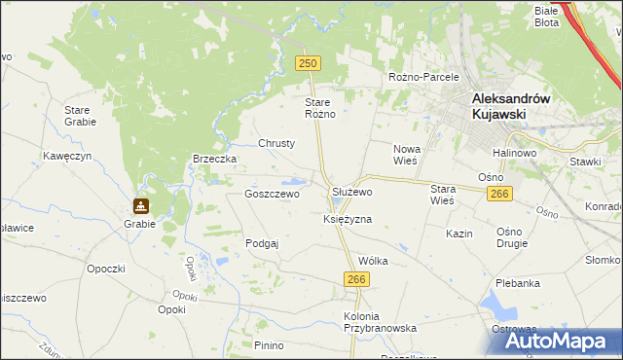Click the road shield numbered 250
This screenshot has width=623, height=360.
point(308,62)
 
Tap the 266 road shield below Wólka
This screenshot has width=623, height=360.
point(356,279)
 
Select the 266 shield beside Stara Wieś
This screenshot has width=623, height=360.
point(498,195)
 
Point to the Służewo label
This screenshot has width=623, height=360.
point(352,193)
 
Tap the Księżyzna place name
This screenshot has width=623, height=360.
point(348,220)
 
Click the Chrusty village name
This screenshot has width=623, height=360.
point(276,143)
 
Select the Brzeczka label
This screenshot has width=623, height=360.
point(215,159)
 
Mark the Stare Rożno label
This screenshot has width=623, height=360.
point(320,108)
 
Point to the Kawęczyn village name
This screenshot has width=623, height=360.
point(67,156)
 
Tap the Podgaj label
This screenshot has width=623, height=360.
point(263,243)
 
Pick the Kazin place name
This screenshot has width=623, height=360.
point(459,234)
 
